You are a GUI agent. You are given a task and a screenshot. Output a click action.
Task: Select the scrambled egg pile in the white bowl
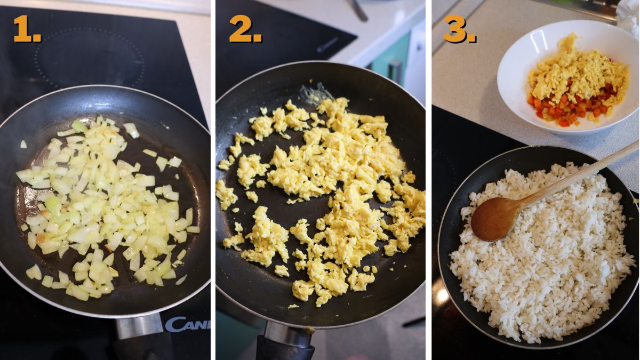coord(576,75)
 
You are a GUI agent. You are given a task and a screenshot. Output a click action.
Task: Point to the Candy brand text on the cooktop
coord(187,323)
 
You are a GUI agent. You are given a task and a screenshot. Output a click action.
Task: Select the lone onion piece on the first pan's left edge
coord(23,144)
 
